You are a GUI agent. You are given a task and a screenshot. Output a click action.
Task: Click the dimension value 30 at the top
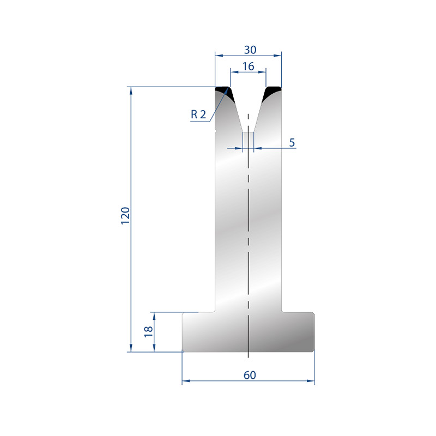click(x=250, y=50)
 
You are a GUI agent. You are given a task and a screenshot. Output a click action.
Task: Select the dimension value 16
click(x=248, y=66)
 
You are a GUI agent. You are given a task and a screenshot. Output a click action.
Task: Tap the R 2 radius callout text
click(x=198, y=114)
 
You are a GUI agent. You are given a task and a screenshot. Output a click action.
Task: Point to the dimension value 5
click(x=292, y=142)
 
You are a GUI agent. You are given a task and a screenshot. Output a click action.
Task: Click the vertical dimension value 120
click(x=125, y=216)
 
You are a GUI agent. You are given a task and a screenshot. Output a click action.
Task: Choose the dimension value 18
click(x=148, y=332)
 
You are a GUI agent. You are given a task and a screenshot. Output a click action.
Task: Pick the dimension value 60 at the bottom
click(x=250, y=375)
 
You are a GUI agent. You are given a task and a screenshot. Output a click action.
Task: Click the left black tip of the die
click(x=225, y=92)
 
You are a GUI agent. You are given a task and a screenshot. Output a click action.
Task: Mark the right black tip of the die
click(x=271, y=92)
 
